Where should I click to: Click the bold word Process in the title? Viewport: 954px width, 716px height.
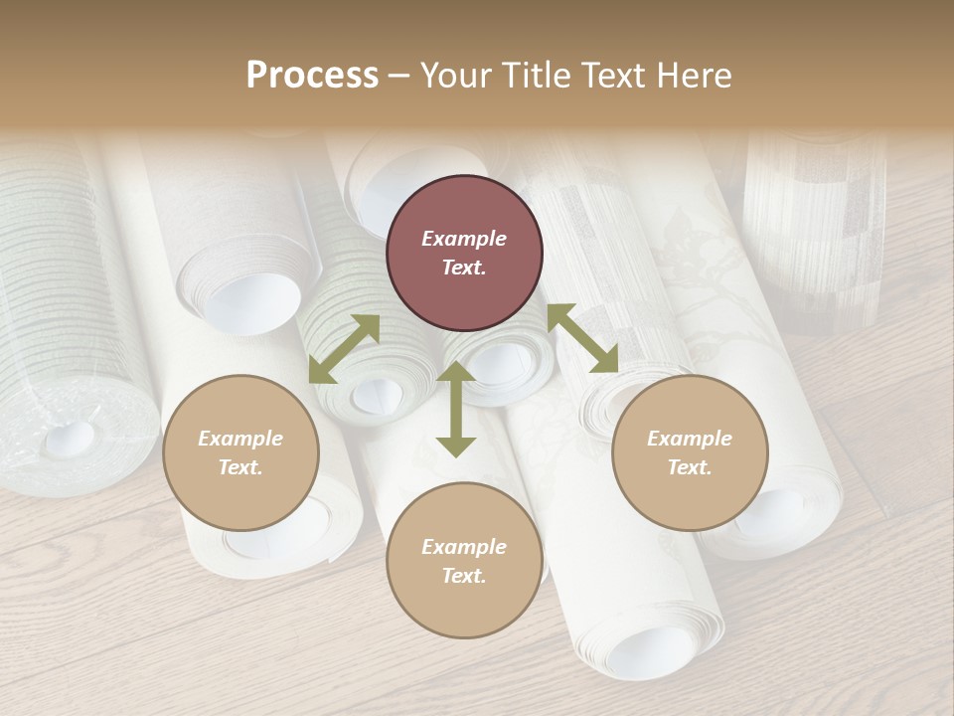click(x=312, y=76)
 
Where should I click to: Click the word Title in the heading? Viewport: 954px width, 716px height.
click(x=527, y=76)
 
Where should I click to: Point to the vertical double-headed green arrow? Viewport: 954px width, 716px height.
click(x=456, y=410)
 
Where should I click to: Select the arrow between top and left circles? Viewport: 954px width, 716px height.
click(x=345, y=348)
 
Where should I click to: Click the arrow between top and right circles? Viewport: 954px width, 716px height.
click(x=582, y=338)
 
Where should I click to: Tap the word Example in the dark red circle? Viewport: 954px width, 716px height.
click(x=464, y=239)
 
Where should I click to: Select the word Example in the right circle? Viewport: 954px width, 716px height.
click(x=690, y=439)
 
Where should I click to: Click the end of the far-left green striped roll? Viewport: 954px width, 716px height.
click(x=70, y=438)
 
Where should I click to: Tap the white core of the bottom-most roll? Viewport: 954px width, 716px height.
click(x=651, y=651)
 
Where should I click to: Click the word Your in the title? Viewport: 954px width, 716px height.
click(x=454, y=76)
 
